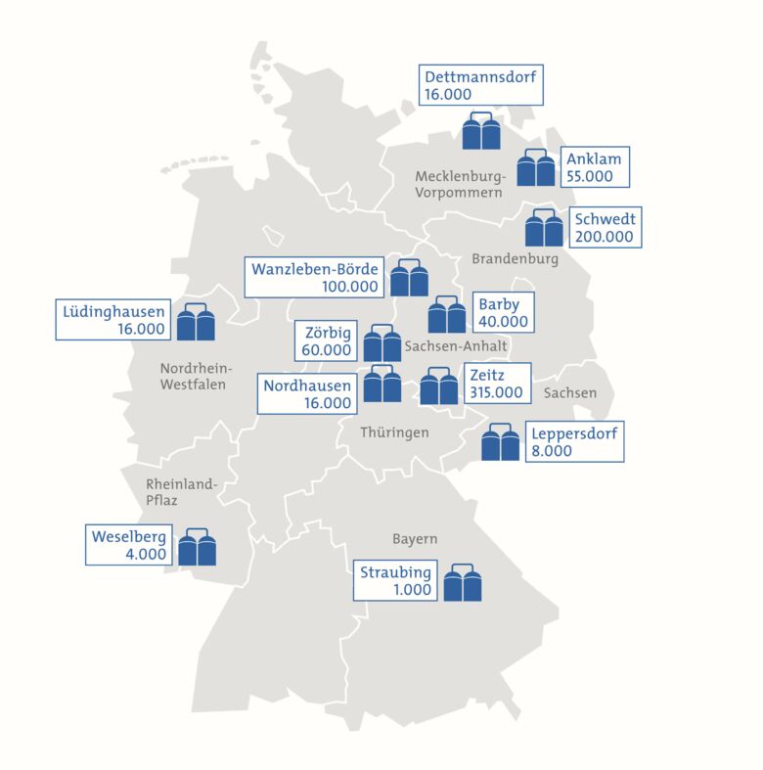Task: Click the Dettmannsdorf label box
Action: point(481,86)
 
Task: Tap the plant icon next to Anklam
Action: point(535,168)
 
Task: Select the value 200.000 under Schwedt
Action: point(605,237)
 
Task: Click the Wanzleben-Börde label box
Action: point(314,278)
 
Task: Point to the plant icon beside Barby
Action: point(447,314)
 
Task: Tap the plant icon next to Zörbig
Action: point(382,342)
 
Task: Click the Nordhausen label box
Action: point(307,393)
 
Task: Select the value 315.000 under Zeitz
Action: point(499,393)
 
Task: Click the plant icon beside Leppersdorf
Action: point(501,442)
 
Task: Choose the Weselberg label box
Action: point(128,545)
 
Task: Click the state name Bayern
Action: point(415,539)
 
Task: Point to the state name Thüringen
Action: point(394,431)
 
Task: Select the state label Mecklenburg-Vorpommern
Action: point(460,185)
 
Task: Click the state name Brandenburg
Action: point(515,259)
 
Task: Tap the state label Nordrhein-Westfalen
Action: point(195,376)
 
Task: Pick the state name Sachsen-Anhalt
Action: point(456,346)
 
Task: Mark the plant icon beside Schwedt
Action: point(544,228)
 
